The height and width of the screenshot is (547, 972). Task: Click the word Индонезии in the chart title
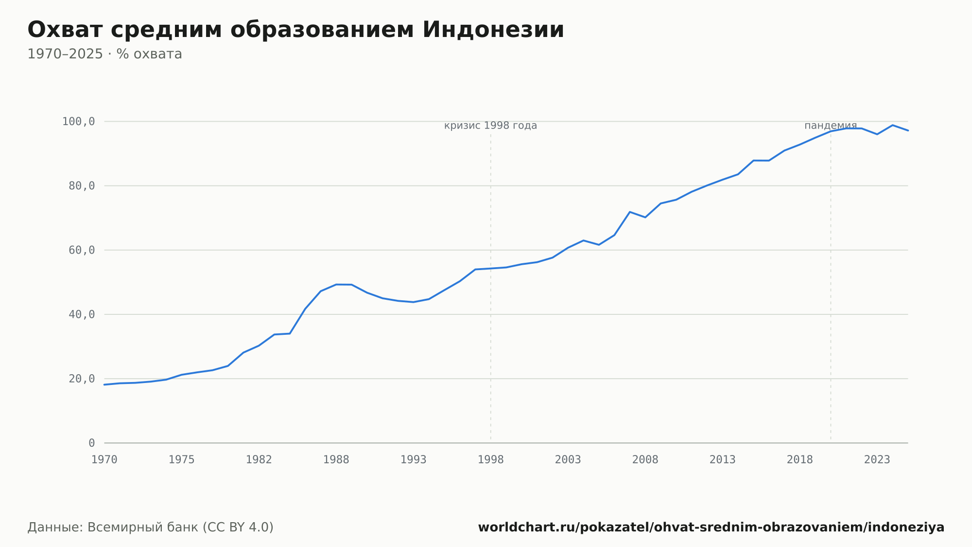click(493, 30)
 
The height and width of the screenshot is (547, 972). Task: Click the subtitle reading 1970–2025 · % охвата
click(104, 54)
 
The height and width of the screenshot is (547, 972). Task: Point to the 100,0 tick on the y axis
click(78, 122)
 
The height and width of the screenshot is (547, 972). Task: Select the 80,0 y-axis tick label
click(82, 186)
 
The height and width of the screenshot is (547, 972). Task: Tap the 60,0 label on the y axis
click(82, 250)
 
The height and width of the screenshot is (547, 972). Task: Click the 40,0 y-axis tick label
click(82, 314)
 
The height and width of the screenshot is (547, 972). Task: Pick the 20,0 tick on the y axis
click(82, 379)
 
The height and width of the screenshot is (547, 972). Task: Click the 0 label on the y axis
click(92, 443)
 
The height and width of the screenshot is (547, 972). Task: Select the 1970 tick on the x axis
click(104, 460)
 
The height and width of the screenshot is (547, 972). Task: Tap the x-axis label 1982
click(259, 460)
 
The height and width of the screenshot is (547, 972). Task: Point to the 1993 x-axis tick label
click(414, 460)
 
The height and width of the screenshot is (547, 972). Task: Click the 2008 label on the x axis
click(645, 460)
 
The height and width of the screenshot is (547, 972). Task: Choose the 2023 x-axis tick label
click(877, 460)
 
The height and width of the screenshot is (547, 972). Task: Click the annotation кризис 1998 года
click(491, 126)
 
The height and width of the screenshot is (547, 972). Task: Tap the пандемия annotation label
click(831, 126)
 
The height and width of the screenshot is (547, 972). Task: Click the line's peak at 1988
click(336, 284)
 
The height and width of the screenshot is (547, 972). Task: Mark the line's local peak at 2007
click(630, 212)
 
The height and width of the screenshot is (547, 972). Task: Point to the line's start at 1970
click(104, 384)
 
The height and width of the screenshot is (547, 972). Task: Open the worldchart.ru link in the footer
click(711, 527)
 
